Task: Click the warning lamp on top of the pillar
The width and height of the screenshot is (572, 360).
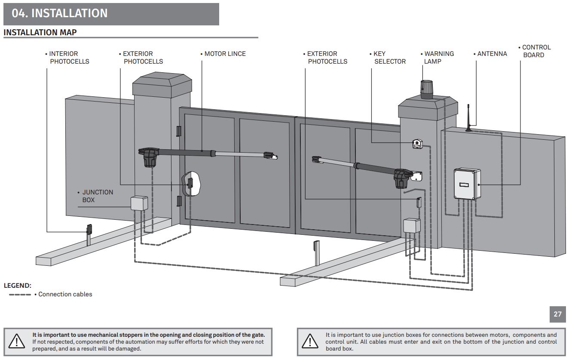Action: [426, 89]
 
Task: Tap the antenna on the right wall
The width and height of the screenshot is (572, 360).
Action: [468, 118]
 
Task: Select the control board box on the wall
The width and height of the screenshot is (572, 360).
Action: [467, 184]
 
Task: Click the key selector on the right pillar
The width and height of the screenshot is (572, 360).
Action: [418, 144]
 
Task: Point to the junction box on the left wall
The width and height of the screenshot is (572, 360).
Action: [139, 203]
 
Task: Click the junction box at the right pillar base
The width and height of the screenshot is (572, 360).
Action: [412, 225]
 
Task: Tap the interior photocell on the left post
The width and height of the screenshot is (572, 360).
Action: [89, 229]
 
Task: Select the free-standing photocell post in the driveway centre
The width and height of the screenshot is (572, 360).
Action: [317, 253]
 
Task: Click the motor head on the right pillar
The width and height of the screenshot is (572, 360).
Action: [402, 178]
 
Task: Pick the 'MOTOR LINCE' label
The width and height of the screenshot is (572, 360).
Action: [223, 54]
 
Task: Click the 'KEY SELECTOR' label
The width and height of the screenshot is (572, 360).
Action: [388, 58]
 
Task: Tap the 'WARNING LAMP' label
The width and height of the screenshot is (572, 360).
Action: [437, 58]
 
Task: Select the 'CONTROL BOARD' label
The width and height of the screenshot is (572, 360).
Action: [535, 51]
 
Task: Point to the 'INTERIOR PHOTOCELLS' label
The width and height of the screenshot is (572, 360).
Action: [67, 58]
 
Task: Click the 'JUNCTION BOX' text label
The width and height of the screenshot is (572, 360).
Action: [95, 196]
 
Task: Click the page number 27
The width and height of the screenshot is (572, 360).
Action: [557, 314]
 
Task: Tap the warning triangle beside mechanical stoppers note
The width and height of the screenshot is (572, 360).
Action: [17, 342]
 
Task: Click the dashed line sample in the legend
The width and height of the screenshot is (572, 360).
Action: [20, 295]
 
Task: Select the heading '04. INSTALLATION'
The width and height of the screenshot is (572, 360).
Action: [60, 13]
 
